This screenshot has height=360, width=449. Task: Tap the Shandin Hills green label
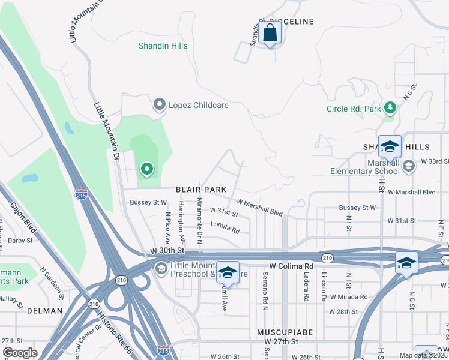163,46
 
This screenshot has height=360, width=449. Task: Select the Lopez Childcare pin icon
159,105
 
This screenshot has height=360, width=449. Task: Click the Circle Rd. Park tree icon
391,108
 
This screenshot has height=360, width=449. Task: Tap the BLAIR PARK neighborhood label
201,190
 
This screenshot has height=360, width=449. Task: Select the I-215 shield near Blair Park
82,194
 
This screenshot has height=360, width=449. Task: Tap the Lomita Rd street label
225,228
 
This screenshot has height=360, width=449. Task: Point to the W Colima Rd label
291,265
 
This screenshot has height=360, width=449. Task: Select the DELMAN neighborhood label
44,311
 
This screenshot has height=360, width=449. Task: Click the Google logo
20,353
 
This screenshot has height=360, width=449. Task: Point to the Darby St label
20,241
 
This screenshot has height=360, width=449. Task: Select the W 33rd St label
435,161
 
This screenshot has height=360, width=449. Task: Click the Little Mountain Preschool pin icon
161,268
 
